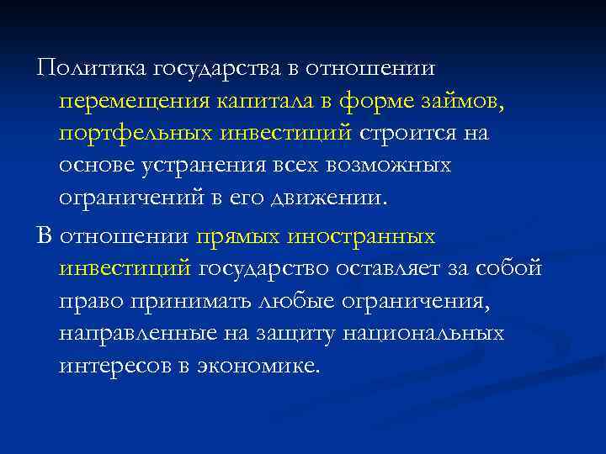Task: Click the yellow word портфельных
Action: pyautogui.click(x=135, y=134)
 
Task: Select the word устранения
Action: pyautogui.click(x=189, y=166)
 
